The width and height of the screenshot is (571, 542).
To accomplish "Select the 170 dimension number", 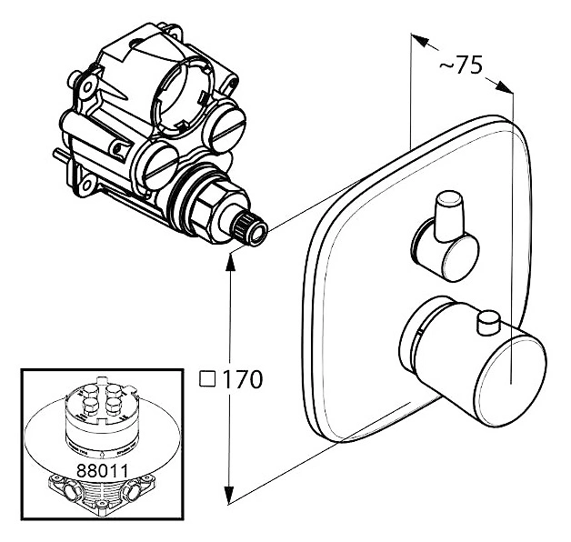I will (241, 378).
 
